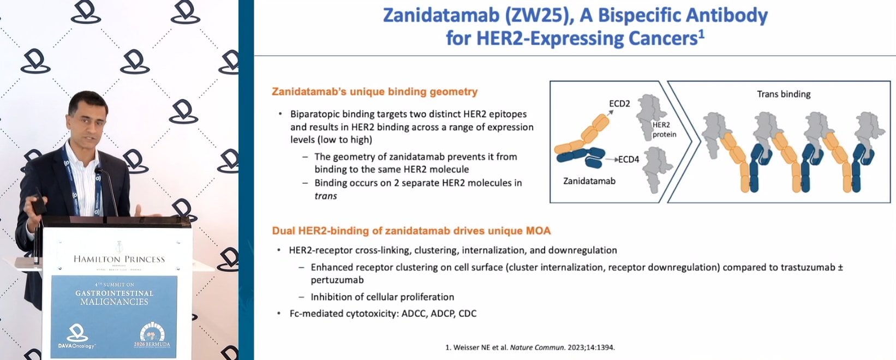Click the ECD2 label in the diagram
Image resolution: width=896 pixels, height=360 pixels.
tap(619, 104)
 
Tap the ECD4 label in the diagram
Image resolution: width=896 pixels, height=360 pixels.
tap(629, 160)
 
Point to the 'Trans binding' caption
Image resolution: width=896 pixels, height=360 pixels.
tap(784, 94)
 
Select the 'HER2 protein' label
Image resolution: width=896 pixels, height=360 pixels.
tap(665, 130)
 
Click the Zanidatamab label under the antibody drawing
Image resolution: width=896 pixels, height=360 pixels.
tap(589, 181)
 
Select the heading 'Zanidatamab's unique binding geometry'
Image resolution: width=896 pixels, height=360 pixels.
tap(375, 92)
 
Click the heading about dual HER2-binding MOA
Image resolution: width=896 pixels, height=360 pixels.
tap(411, 231)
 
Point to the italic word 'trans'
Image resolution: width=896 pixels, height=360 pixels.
tap(326, 196)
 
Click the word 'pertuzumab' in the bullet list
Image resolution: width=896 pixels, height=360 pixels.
tap(337, 280)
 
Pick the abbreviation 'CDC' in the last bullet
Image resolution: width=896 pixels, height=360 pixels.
tap(468, 314)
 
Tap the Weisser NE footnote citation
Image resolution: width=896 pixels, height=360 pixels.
tap(530, 347)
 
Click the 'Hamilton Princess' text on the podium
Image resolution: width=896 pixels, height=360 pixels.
tap(119, 259)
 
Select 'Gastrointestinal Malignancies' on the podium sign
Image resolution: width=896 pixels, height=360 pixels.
tap(115, 297)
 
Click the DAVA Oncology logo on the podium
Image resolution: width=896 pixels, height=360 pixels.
tap(76, 337)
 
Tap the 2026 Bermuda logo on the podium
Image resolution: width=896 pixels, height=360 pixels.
tap(152, 335)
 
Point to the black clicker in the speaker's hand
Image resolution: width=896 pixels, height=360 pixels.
tap(39, 204)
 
